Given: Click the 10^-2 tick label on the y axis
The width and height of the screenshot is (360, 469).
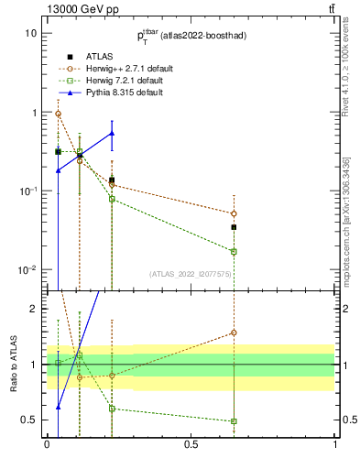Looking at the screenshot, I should pyautogui.click(x=27, y=270).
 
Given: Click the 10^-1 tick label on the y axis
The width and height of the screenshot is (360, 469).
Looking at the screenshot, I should pyautogui.click(x=27, y=191).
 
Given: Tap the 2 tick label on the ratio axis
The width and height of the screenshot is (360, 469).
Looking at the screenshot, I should pyautogui.click(x=33, y=309).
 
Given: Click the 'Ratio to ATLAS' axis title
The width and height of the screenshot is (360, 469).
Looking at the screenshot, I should pyautogui.click(x=13, y=364).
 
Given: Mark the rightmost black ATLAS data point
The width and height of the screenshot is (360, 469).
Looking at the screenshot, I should pyautogui.click(x=234, y=227).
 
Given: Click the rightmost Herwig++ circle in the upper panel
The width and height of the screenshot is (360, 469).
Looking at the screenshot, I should pyautogui.click(x=234, y=213).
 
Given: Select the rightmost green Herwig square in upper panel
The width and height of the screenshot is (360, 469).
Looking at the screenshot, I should pyautogui.click(x=234, y=251).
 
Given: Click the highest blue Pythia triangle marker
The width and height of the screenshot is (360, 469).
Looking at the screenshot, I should pyautogui.click(x=112, y=133).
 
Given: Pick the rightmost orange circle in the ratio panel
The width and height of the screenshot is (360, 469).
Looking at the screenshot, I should pyautogui.click(x=234, y=333).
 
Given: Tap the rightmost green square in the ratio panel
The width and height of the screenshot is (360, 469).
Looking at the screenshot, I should pyautogui.click(x=234, y=421).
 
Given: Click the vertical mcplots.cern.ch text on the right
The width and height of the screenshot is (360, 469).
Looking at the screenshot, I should pyautogui.click(x=347, y=229).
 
